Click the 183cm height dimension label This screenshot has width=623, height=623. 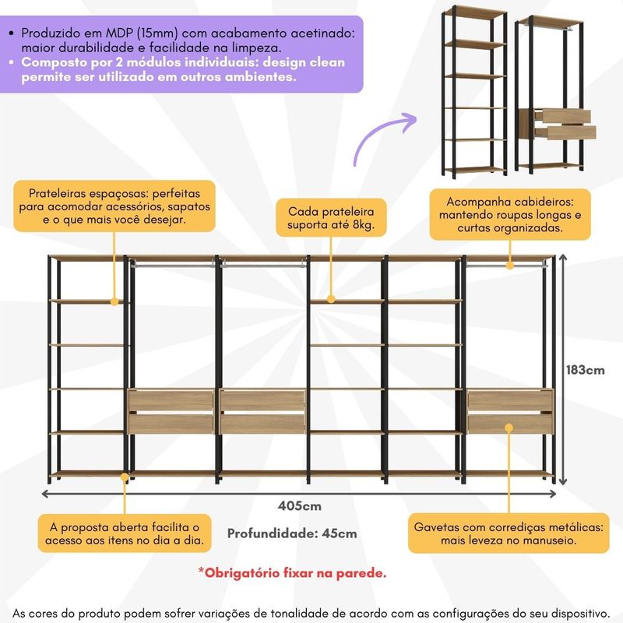coord(586,370)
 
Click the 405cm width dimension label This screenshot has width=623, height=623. coord(299,506)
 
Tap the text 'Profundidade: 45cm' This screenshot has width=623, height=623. coord(292,533)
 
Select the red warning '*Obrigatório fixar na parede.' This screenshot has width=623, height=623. coord(292,573)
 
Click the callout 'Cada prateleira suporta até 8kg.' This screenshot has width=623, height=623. coord(331,218)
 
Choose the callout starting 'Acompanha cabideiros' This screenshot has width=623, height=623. coord(509,214)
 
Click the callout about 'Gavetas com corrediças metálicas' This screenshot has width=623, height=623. coord(509,533)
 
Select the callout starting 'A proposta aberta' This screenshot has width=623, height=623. coord(123,533)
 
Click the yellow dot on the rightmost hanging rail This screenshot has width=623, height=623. coord(509,266)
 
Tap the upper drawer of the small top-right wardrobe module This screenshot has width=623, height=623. coord(566,116)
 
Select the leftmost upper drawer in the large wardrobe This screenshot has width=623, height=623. coord(171,401)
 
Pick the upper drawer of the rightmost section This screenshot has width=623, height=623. coord(510,401)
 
